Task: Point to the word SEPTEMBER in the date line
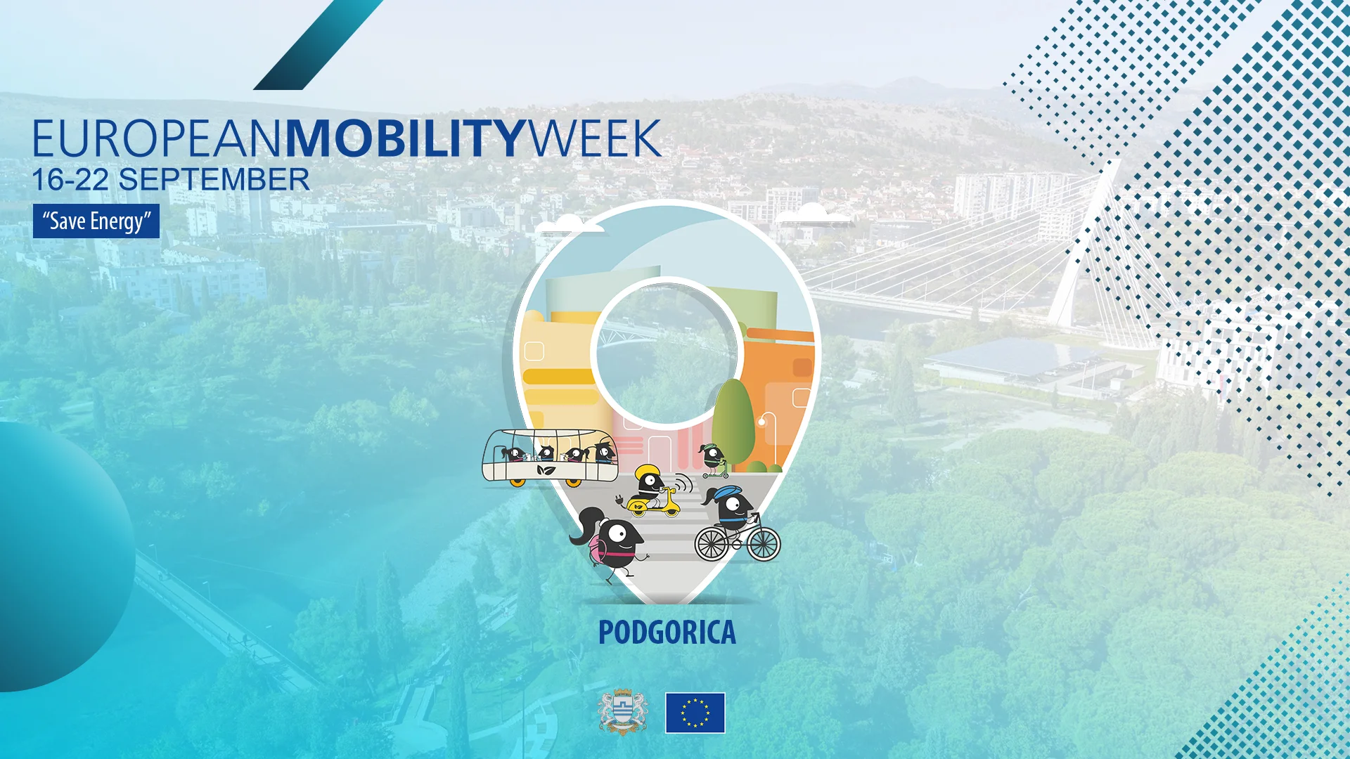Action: click(214, 180)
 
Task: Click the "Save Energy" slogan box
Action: click(96, 221)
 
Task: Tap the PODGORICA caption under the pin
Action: click(667, 632)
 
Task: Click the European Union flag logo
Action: click(695, 713)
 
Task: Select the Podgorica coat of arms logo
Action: click(622, 712)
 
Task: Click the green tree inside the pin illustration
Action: click(733, 422)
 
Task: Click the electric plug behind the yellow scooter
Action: click(619, 500)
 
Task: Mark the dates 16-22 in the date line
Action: click(70, 180)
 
